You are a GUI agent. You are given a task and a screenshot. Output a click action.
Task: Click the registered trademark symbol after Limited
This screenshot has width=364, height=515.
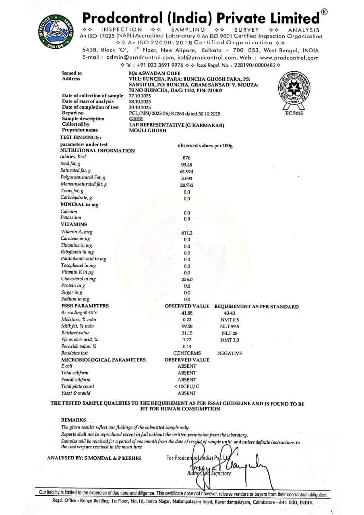coord(324,12)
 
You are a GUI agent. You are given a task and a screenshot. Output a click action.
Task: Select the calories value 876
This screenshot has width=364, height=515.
coord(186,158)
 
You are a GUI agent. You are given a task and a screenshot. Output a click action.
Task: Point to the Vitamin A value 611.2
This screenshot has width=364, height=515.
coord(187,233)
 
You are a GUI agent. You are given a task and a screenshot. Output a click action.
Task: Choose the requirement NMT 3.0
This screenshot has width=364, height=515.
coord(230,340)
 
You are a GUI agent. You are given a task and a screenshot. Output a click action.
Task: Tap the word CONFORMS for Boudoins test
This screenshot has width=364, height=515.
coord(184,353)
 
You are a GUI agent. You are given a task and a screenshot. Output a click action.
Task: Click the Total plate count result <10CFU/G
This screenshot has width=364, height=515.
coord(187,387)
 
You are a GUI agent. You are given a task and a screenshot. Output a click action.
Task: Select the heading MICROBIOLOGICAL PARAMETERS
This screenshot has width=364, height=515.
coord(103,360)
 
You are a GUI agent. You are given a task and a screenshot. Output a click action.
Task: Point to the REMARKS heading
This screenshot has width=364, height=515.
coord(73,420)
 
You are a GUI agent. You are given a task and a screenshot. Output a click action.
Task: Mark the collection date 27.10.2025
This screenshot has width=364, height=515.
coord(140,96)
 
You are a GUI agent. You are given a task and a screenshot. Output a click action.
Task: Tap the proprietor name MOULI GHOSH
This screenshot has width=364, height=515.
coord(147,130)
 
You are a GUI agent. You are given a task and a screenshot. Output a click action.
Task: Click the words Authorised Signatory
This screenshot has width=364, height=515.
coord(209,473)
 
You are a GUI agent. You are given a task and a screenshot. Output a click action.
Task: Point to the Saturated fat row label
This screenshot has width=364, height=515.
coord(76,171)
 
